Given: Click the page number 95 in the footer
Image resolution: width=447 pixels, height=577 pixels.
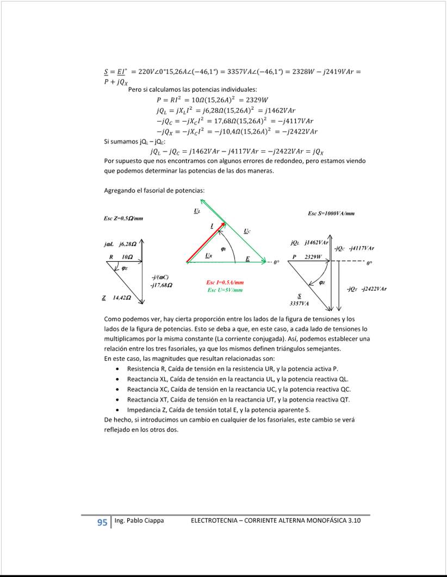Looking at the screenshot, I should tap(102, 522).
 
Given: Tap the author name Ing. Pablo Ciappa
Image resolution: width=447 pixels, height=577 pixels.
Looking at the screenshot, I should tap(139, 521).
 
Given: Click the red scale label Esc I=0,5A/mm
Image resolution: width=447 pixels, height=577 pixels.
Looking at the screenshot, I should tap(225, 283).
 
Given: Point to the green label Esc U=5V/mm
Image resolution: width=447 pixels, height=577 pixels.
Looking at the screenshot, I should tap(225, 290).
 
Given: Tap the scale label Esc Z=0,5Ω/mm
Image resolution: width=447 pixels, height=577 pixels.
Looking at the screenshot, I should tap(123, 218).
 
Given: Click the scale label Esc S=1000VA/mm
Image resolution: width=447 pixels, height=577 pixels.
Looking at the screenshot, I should tap(331, 214).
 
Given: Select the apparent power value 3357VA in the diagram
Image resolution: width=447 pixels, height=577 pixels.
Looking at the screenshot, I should tap(299, 304).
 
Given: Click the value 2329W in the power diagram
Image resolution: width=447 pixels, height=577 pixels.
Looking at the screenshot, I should tap(313, 256).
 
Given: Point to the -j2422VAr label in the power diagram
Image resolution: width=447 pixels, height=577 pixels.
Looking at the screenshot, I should tap(374, 288).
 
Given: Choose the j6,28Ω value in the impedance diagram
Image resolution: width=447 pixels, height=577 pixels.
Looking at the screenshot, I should tap(127, 245).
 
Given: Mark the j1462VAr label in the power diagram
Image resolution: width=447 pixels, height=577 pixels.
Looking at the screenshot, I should tap(316, 242).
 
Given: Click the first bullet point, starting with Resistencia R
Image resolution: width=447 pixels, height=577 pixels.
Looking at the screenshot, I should tap(232, 368).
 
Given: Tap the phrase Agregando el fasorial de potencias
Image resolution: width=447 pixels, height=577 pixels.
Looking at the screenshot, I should tap(154, 191).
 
